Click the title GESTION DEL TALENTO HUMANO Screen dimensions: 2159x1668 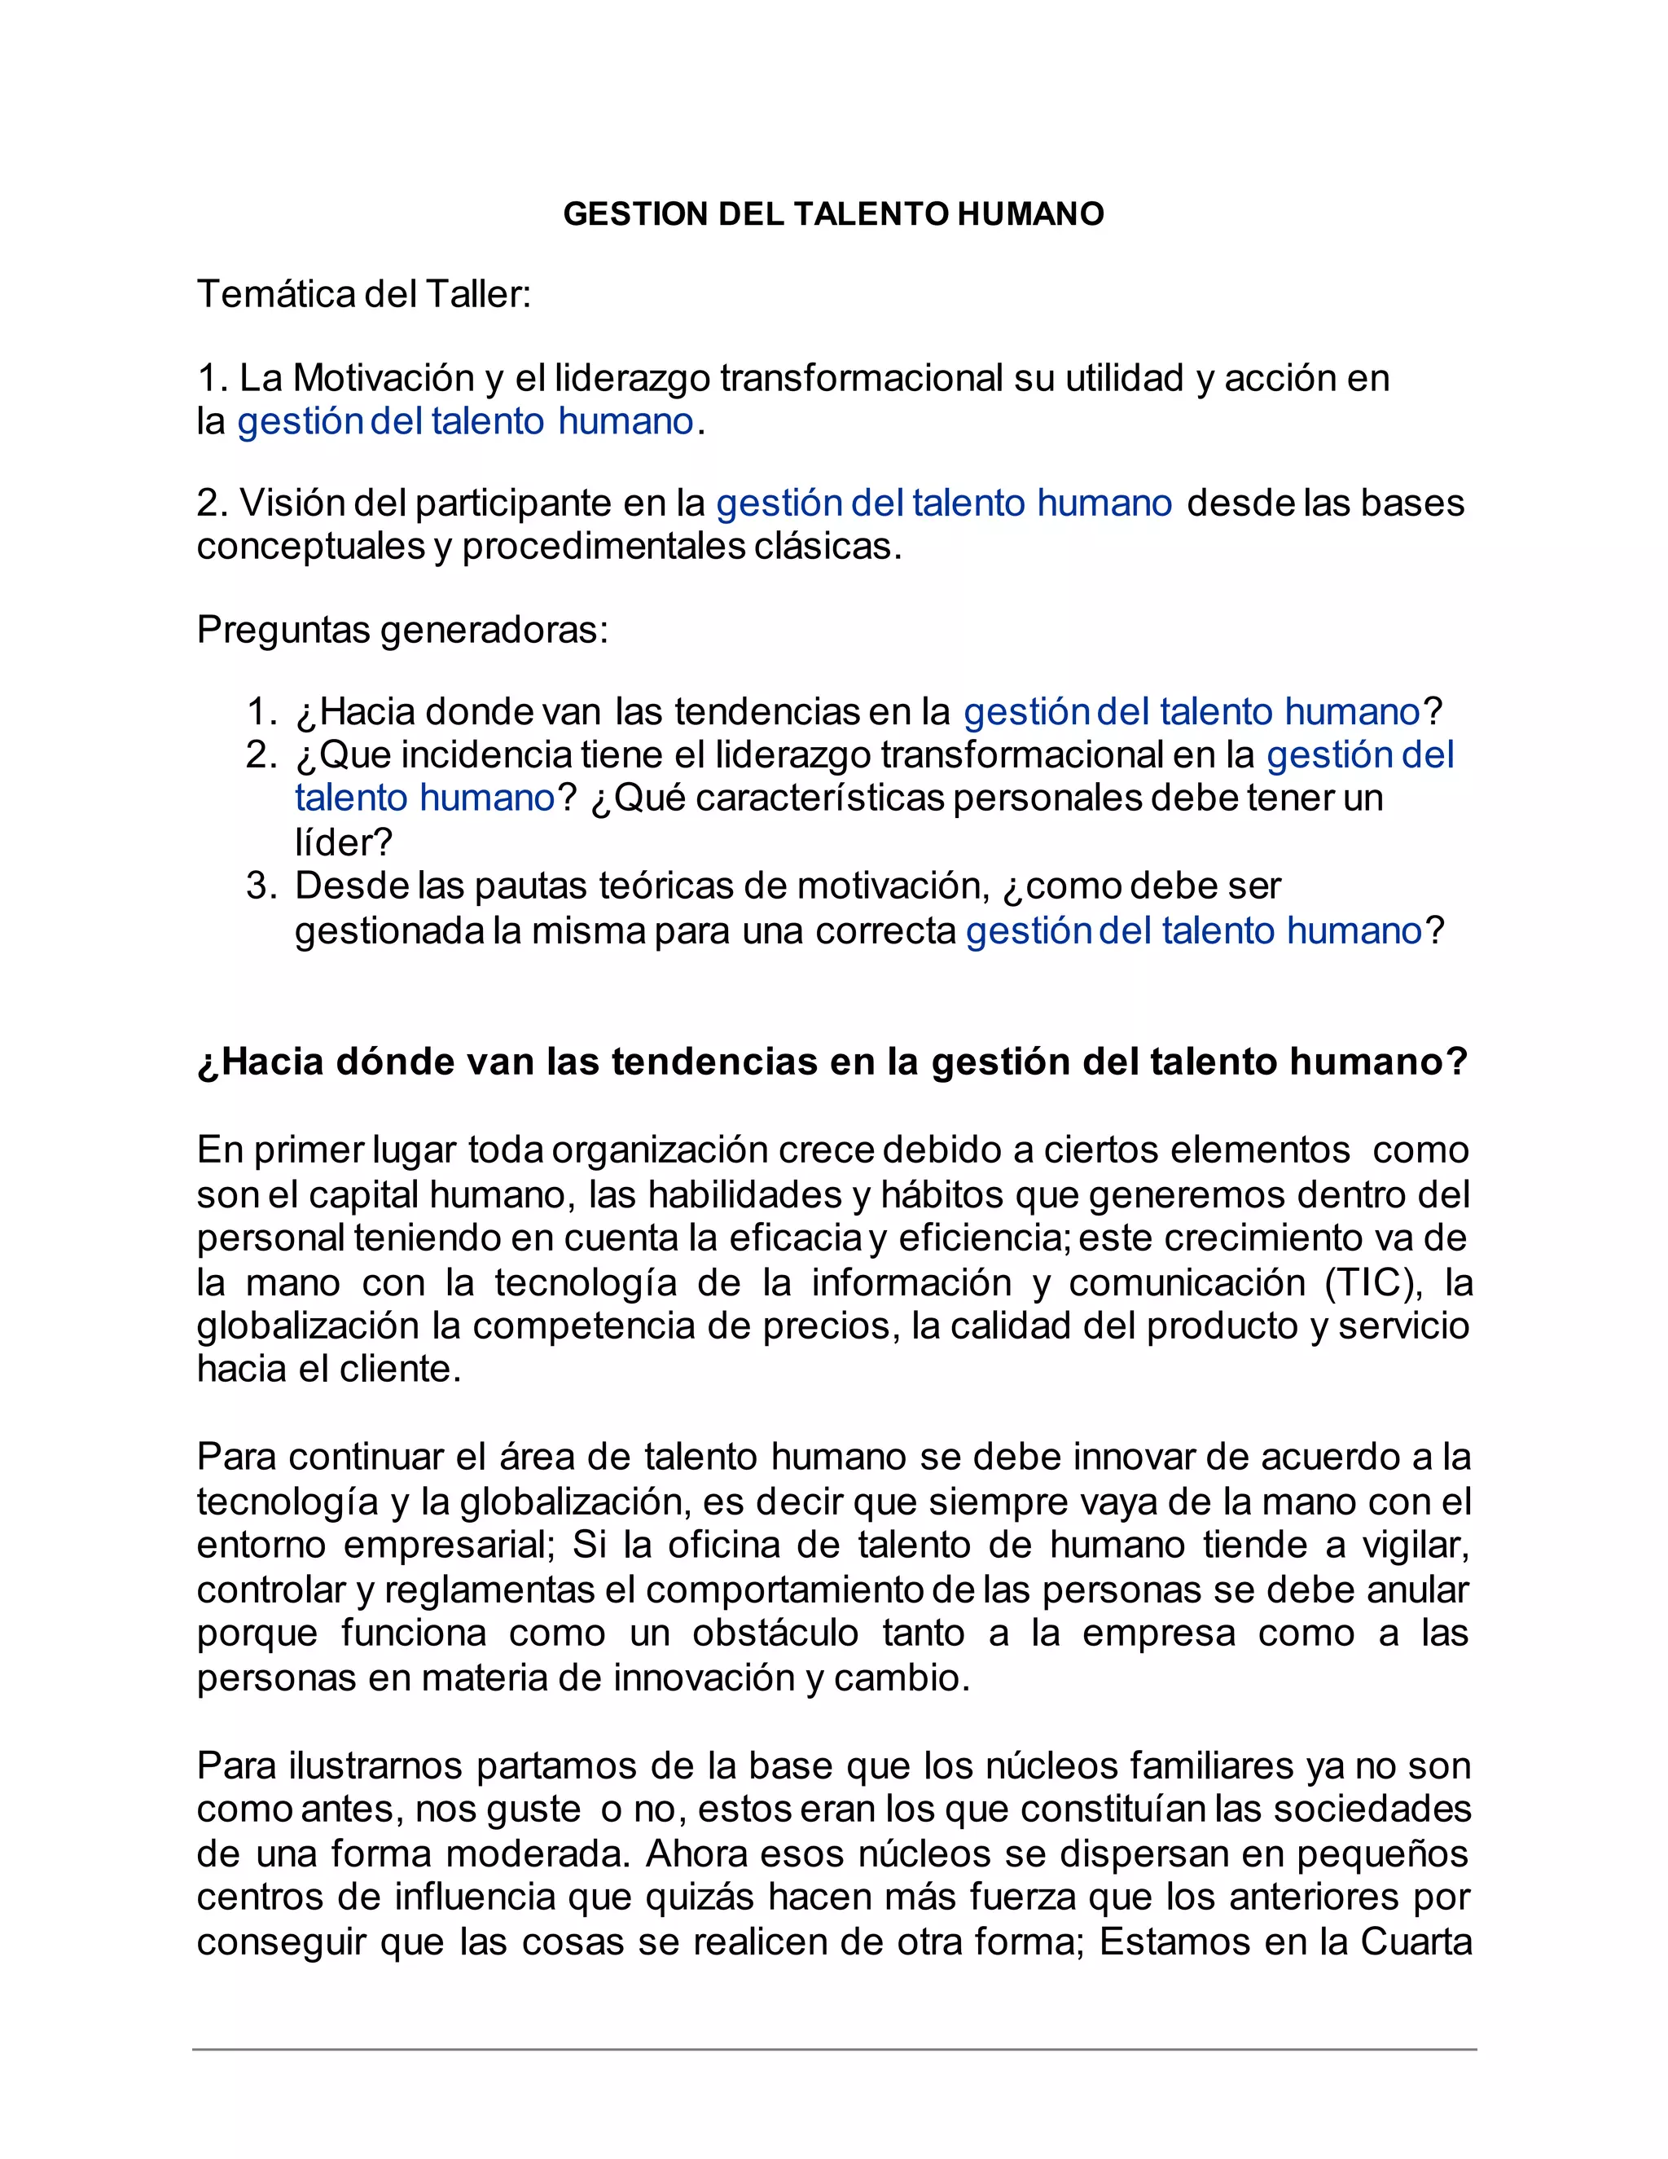pyautogui.click(x=833, y=214)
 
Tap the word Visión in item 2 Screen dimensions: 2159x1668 pyautogui.click(x=289, y=503)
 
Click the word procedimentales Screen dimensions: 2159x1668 pyautogui.click(x=603, y=547)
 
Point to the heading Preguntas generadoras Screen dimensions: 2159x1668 pyautogui.click(x=402, y=630)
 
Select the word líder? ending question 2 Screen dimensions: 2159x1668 pyautogui.click(x=343, y=842)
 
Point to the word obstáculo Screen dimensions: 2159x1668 pyautogui.click(x=775, y=1633)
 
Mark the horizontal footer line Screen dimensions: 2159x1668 pyautogui.click(x=833, y=2049)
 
